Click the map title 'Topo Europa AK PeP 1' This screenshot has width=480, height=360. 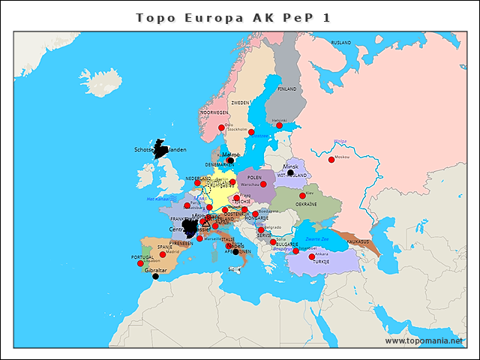[x=233, y=17]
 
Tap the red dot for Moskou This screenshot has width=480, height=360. [x=331, y=159]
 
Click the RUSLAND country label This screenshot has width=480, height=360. [x=341, y=43]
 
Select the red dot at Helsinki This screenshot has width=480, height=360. [x=280, y=125]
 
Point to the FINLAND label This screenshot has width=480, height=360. [x=287, y=88]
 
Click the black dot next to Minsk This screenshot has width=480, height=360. [x=290, y=173]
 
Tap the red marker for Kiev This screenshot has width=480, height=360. [x=303, y=196]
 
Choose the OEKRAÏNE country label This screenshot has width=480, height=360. [x=305, y=204]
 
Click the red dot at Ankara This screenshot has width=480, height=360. [x=312, y=257]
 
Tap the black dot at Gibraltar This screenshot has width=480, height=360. [x=155, y=277]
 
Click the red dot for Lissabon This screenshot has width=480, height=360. [x=140, y=263]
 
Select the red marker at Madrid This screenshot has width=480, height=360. [x=163, y=254]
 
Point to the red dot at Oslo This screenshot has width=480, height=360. [x=221, y=128]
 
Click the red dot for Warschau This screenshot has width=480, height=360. [x=263, y=184]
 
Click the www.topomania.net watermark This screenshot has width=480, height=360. [x=424, y=341]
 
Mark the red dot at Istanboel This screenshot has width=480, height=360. [x=295, y=250]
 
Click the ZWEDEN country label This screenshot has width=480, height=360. [x=240, y=103]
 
